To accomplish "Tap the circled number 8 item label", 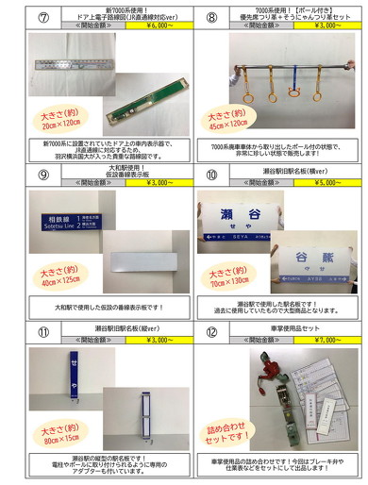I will (x=210, y=14).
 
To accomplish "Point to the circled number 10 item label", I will (x=210, y=173).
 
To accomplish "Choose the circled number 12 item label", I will (x=210, y=331).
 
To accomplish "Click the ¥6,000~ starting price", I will (x=147, y=25).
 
